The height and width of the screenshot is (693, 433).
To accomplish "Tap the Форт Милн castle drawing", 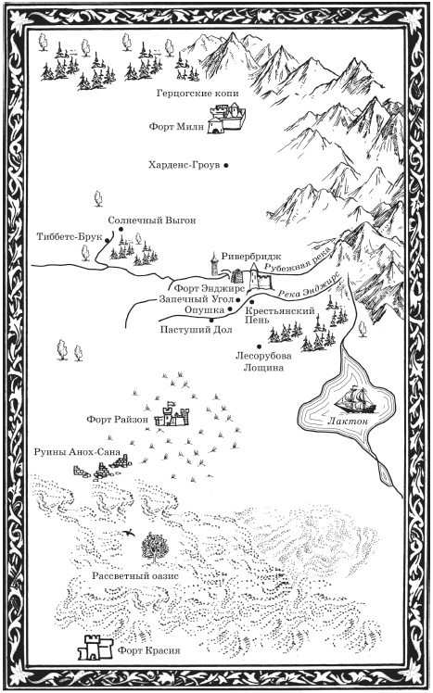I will click(227, 118).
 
